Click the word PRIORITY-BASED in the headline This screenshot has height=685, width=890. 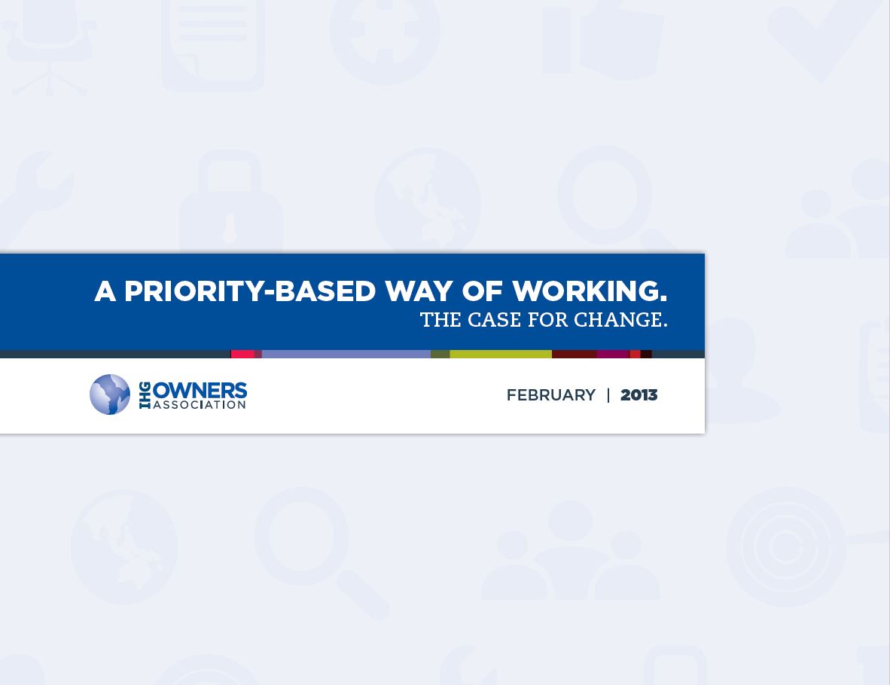(x=250, y=291)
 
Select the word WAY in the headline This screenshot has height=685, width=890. (x=419, y=291)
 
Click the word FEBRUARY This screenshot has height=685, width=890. (x=550, y=395)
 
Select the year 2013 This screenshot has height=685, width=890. (x=639, y=395)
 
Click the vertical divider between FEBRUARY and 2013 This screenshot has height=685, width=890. (x=608, y=395)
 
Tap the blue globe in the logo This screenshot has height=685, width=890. (x=110, y=394)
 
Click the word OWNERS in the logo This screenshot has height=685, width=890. (x=200, y=391)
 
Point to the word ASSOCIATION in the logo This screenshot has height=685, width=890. (x=200, y=405)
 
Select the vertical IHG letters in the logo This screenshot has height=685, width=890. (x=145, y=395)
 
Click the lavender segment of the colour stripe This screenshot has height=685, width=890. (x=346, y=354)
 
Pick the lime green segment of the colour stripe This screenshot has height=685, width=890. (x=501, y=354)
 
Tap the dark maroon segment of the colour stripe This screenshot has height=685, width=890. (x=574, y=354)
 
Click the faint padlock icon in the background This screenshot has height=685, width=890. (x=230, y=201)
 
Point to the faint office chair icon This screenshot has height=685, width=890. (x=50, y=47)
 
